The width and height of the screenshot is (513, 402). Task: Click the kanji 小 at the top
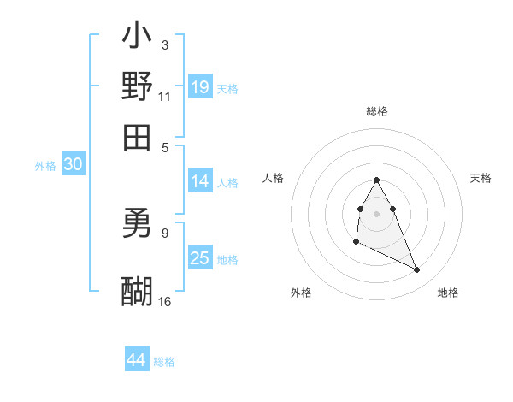point(137,37)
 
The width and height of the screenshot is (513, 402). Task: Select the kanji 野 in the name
point(137,86)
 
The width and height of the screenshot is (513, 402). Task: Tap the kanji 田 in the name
point(137,137)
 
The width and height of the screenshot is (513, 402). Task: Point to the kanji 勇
point(137,226)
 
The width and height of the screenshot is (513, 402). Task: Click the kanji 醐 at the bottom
point(137,292)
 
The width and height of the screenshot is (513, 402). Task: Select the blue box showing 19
point(200,87)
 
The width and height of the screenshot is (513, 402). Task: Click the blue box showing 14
point(200,181)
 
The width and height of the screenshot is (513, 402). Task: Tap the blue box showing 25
point(200,258)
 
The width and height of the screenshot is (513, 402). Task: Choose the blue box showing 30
point(73,166)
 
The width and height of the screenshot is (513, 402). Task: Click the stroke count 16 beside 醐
point(165,301)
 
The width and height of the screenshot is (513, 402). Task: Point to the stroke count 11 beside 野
point(165,96)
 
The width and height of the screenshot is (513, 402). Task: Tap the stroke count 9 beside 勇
point(165,232)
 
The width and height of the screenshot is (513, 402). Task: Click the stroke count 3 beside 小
point(165,44)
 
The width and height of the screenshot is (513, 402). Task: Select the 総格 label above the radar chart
point(377,111)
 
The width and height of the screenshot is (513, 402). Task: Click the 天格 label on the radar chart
point(481,178)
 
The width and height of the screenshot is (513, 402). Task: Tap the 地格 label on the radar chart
point(448,293)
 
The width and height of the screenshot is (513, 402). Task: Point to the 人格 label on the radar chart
point(274,178)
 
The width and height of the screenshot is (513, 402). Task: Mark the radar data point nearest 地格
point(417,270)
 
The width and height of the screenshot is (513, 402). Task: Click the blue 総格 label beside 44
point(164,362)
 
